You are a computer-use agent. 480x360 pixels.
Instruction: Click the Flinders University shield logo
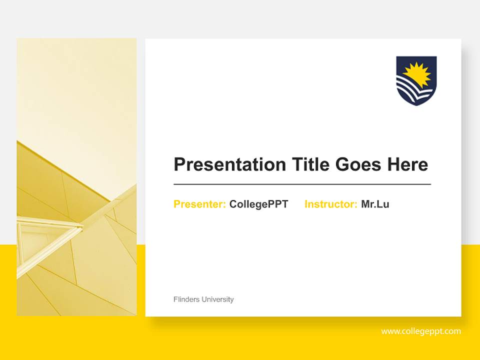416,80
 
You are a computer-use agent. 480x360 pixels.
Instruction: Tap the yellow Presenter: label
199,204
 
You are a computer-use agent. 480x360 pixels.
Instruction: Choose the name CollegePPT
258,204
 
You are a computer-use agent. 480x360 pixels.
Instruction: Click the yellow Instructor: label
330,204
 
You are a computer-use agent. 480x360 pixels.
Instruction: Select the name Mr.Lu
375,204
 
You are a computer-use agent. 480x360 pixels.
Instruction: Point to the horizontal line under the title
302,184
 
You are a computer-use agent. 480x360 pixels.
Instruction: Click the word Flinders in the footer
186,299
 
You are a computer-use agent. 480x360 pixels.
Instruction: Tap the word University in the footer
217,299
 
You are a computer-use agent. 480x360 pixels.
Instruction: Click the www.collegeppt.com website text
420,331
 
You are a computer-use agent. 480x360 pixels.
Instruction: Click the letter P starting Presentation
179,164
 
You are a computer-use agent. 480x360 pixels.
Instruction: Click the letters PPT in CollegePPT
278,204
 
